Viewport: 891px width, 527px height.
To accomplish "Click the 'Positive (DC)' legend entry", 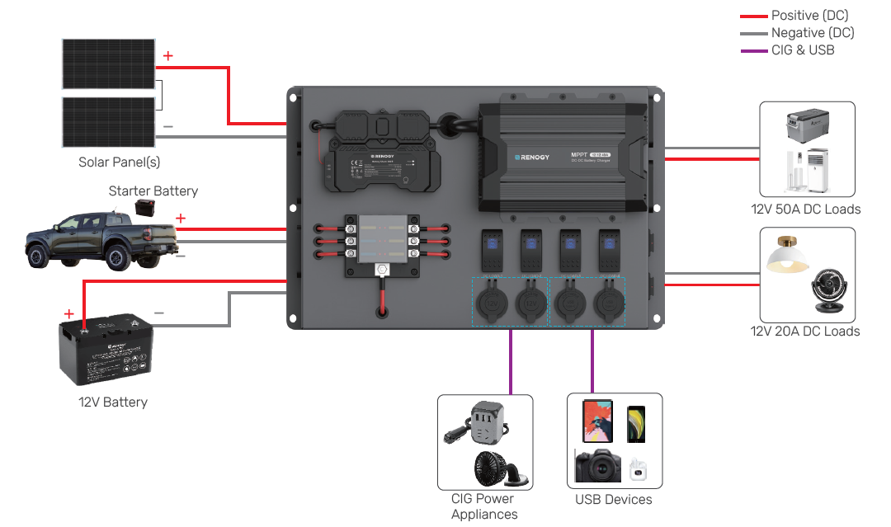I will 808,16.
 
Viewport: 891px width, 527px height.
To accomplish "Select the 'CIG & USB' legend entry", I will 802,50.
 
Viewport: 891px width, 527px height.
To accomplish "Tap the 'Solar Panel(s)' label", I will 120,162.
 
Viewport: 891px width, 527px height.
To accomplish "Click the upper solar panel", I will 108,64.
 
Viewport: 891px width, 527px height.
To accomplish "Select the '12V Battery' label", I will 113,402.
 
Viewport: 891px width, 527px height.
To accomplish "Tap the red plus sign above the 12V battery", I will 68,314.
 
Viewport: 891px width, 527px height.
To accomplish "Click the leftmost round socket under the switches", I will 491,303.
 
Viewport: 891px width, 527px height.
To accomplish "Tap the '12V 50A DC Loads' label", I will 806,209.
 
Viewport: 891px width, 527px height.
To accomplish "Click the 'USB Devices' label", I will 613,500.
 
